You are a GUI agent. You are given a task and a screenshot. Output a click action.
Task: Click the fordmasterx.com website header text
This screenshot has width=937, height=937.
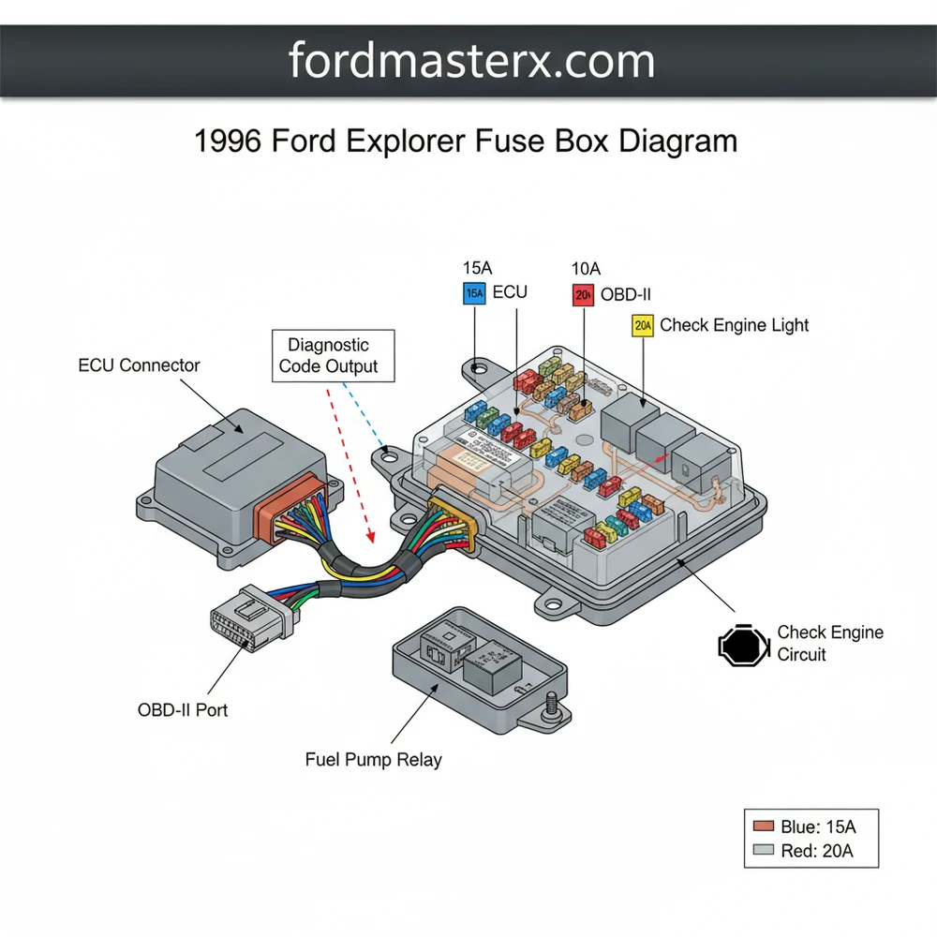click(x=471, y=61)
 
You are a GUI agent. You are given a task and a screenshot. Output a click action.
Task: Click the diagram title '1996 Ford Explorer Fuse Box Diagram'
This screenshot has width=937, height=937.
click(x=466, y=141)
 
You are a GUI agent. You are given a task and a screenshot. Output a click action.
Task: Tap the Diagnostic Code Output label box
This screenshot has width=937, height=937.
click(x=333, y=356)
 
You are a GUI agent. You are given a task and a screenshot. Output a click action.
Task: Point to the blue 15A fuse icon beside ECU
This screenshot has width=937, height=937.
click(x=474, y=293)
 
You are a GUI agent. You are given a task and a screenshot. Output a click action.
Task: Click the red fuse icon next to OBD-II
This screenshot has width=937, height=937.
click(x=583, y=295)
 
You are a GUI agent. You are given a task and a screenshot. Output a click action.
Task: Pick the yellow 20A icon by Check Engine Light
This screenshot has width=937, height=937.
click(x=643, y=326)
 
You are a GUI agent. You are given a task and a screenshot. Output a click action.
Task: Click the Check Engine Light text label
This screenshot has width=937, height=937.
click(x=734, y=325)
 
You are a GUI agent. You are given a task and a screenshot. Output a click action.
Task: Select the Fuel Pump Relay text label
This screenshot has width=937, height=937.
click(x=373, y=759)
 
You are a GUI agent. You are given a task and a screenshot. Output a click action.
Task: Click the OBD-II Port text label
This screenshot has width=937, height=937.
click(x=183, y=709)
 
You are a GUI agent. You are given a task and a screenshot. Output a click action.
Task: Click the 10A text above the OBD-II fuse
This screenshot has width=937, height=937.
click(x=586, y=269)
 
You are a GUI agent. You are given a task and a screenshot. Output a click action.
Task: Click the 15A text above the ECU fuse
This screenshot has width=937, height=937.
click(x=477, y=269)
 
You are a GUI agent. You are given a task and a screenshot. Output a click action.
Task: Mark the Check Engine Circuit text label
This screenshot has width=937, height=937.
click(x=829, y=644)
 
